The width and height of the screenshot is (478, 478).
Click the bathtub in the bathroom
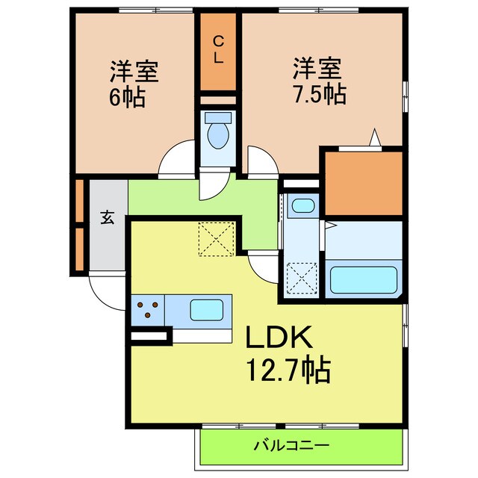click(363, 279)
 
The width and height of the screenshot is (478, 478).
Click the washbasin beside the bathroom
click(302, 205)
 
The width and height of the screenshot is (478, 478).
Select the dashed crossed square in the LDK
click(217, 239)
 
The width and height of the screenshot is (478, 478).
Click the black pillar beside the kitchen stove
click(149, 337)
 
